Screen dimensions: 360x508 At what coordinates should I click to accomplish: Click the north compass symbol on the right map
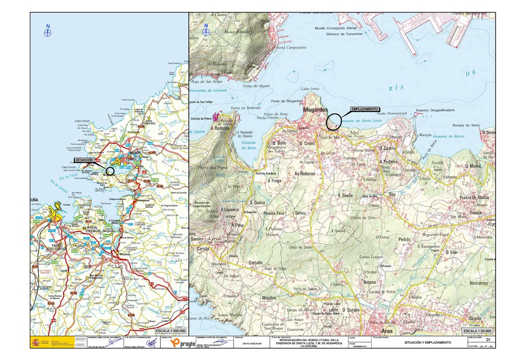coord(206,32)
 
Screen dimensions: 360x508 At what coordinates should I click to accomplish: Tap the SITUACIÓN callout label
coord(84,160)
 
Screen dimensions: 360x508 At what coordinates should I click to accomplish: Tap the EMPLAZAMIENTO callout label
coord(365,109)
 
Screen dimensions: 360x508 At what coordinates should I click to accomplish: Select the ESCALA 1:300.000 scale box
coord(171,330)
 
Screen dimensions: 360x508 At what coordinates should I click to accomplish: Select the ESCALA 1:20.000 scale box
coord(478,330)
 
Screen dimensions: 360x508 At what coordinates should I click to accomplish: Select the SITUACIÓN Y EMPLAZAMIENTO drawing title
coord(427,343)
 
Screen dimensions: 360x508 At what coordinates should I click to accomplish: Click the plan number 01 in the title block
coord(488,340)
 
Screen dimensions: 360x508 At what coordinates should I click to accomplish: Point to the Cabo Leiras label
coord(310,89)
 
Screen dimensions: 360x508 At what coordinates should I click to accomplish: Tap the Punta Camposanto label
coord(291,48)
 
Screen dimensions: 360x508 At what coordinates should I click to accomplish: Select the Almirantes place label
coord(479,283)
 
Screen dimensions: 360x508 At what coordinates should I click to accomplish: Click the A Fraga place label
coord(274,181)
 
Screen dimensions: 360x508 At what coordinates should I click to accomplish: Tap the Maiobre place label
coord(268,298)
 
